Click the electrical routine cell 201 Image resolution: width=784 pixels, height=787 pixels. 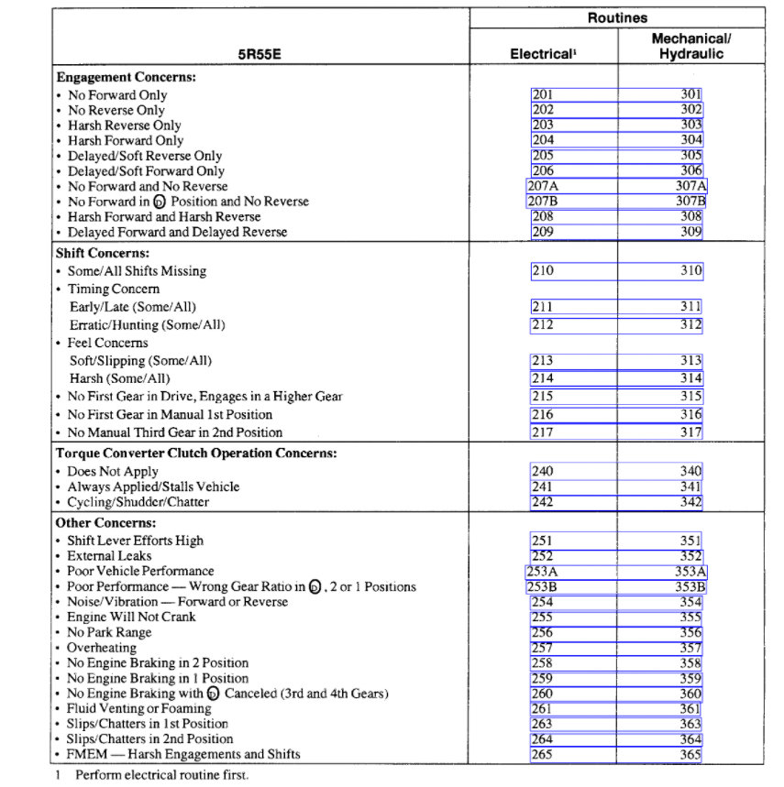pos(542,94)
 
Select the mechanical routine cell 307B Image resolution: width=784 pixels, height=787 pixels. pos(690,201)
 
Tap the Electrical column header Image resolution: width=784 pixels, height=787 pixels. pos(543,54)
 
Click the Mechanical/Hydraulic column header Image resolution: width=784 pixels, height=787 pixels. pos(690,47)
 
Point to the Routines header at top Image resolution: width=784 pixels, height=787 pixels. pos(617,17)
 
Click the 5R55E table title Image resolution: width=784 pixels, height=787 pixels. pos(259,54)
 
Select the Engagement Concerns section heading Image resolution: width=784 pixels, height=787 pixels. pos(127,78)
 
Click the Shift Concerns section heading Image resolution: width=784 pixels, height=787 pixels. pos(103,253)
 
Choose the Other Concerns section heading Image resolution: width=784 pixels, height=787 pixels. pos(105,523)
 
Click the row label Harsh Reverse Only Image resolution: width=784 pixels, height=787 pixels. pos(124,126)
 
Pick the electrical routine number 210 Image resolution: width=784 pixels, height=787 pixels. pos(542,271)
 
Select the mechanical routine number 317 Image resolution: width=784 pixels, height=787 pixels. pos(690,432)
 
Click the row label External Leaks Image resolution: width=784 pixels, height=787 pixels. pos(109,556)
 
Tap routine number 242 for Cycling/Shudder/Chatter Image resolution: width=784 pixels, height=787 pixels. pos(542,502)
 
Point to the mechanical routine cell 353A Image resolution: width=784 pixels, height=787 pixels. pos(690,571)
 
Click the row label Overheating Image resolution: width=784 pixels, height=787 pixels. pos(101,648)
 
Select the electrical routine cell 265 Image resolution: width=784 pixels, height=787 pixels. pos(542,754)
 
